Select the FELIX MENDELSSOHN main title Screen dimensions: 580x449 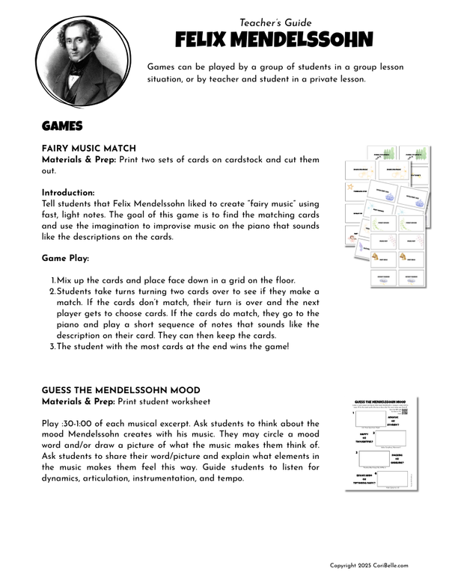click(x=273, y=40)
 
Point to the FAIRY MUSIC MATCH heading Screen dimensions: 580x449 click(x=88, y=149)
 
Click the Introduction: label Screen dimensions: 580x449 click(x=68, y=192)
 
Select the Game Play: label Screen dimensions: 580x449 click(x=65, y=258)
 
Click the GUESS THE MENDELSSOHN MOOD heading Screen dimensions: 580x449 click(x=121, y=390)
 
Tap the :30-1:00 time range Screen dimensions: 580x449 click(x=79, y=424)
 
